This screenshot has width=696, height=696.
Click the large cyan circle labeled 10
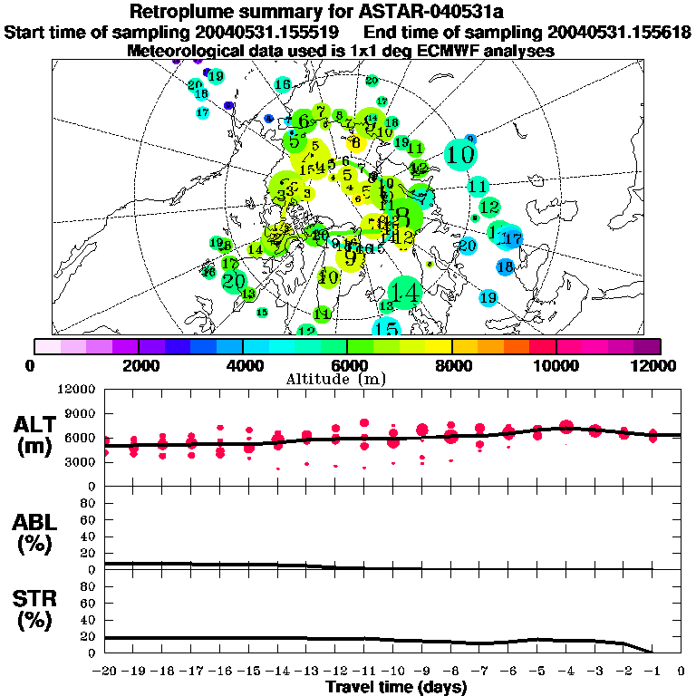[x=461, y=154]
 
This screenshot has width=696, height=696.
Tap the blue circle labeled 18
[x=505, y=266]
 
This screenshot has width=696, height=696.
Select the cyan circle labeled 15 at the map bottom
[x=387, y=328]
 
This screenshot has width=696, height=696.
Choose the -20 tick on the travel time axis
[x=106, y=672]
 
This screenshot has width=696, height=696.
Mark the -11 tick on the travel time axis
[x=364, y=672]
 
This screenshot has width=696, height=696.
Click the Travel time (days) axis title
[x=396, y=688]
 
